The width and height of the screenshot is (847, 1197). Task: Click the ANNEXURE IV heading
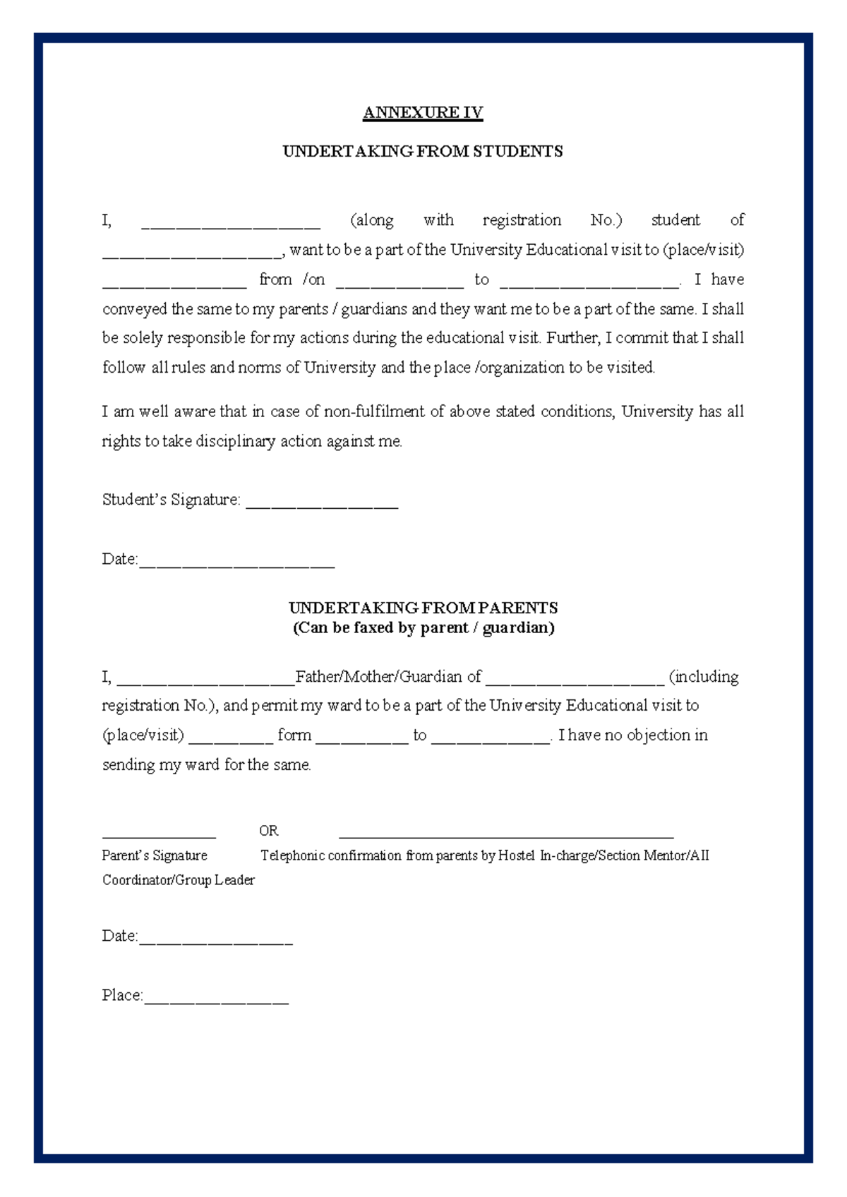[x=423, y=113]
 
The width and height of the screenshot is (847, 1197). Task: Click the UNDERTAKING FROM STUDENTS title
[x=423, y=152]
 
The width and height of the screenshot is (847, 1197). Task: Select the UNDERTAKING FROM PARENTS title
[x=423, y=608]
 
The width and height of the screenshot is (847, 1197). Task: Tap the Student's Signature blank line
[x=322, y=506]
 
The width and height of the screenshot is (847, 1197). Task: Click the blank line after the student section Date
[x=236, y=565]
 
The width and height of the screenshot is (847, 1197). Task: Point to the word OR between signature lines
[x=268, y=831]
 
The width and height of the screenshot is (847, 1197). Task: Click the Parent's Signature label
[x=155, y=856]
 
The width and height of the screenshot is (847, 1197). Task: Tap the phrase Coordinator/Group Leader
[x=179, y=880]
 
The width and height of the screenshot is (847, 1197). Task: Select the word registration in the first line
[x=522, y=220]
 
